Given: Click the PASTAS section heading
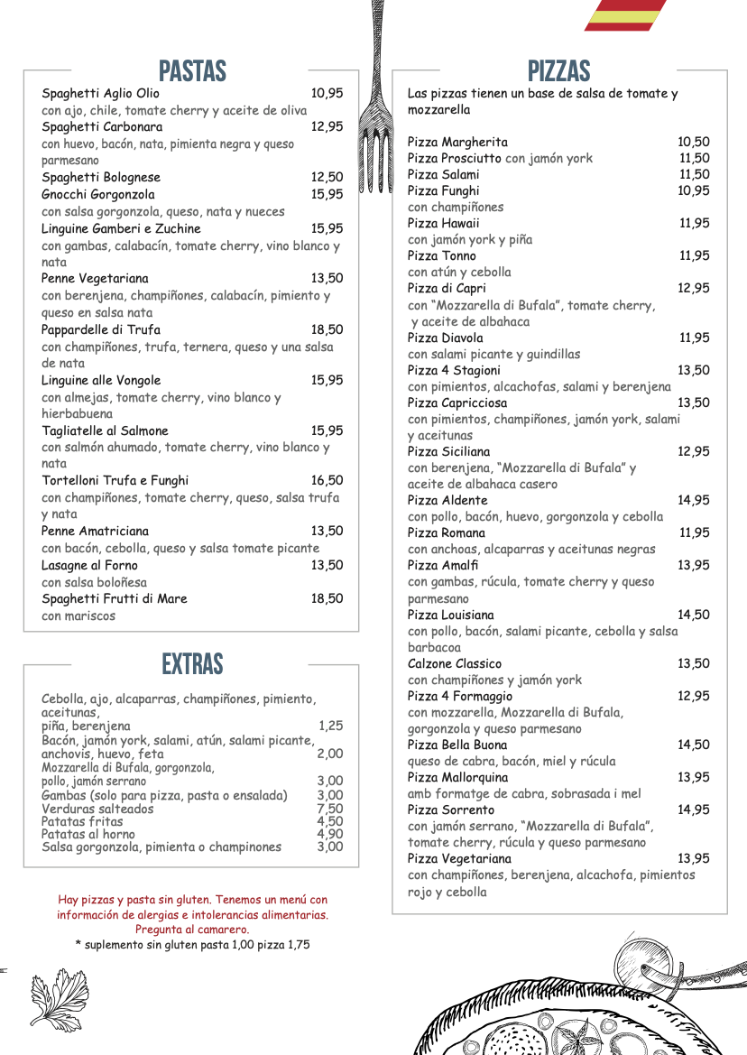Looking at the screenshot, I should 192,71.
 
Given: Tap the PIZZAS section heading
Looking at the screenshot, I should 559,71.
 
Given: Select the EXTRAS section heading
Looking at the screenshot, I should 192,665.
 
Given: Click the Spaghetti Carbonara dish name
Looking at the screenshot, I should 102,127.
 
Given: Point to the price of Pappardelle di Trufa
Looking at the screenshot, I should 327,329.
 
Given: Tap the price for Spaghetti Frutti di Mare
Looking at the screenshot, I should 327,598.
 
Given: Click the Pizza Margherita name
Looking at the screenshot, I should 457,142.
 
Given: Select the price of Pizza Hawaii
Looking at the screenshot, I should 694,223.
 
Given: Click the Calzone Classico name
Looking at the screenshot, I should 454,663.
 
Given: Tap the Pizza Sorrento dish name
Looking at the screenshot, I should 451,810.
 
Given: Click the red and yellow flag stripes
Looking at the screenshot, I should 625,15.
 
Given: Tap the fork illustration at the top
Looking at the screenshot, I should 372,99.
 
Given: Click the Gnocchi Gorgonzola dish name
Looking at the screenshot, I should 97,194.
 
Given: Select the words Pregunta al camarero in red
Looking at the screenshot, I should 192,929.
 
